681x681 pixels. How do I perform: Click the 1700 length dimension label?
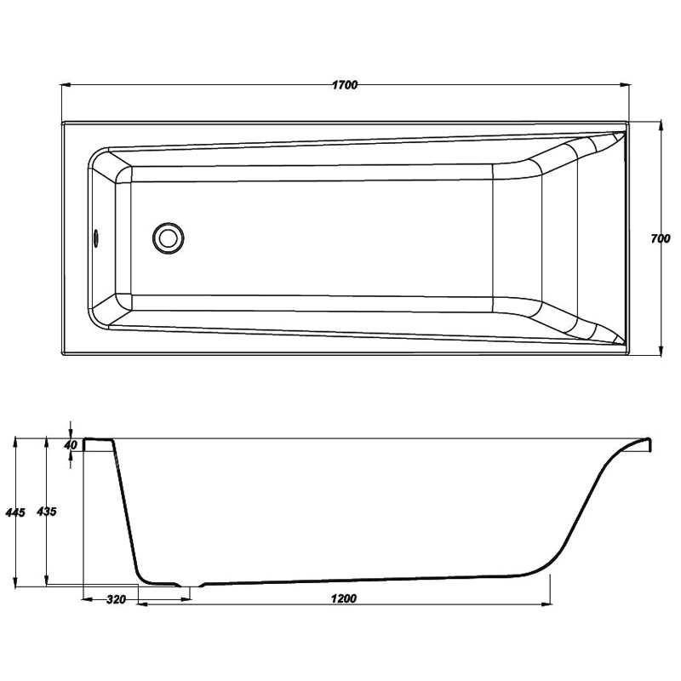pyautogui.click(x=345, y=84)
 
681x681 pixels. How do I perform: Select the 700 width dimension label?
pyautogui.click(x=661, y=238)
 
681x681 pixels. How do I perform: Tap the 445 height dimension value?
pyautogui.click(x=15, y=512)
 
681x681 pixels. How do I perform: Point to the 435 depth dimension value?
pyautogui.click(x=47, y=512)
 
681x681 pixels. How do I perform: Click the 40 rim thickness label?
pyautogui.click(x=70, y=445)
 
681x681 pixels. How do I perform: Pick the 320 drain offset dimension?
pyautogui.click(x=116, y=600)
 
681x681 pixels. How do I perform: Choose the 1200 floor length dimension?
pyautogui.click(x=344, y=599)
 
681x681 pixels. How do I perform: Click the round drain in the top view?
pyautogui.click(x=168, y=238)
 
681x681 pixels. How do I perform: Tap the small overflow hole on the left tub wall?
pyautogui.click(x=96, y=238)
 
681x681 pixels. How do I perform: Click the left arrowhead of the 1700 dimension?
pyautogui.click(x=66, y=85)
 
